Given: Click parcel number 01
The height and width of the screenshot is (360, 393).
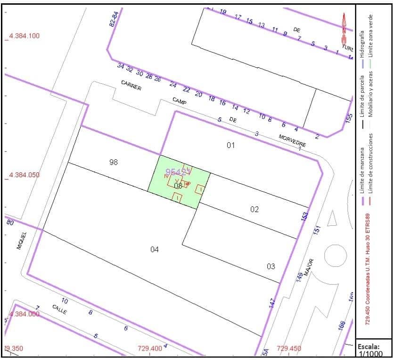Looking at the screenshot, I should (x=230, y=145).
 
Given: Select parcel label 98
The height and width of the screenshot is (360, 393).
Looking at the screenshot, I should (x=113, y=162).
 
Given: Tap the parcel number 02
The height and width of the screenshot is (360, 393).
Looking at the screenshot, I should (x=254, y=209).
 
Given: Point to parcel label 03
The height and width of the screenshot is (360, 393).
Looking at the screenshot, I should (x=271, y=266).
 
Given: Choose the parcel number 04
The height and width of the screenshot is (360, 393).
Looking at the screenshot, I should (x=155, y=249).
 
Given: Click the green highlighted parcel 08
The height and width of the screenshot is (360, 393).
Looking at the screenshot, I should (x=178, y=186).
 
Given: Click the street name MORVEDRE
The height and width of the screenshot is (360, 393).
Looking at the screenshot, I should (x=292, y=140).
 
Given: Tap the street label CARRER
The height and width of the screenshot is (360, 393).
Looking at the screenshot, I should (x=131, y=85).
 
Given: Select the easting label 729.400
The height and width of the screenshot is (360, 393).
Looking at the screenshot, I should (x=150, y=349).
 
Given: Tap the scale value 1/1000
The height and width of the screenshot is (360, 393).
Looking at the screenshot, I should (x=370, y=354).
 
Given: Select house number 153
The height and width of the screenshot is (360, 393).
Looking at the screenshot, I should (x=305, y=216).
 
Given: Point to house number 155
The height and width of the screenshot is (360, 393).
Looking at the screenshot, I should (x=349, y=118).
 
